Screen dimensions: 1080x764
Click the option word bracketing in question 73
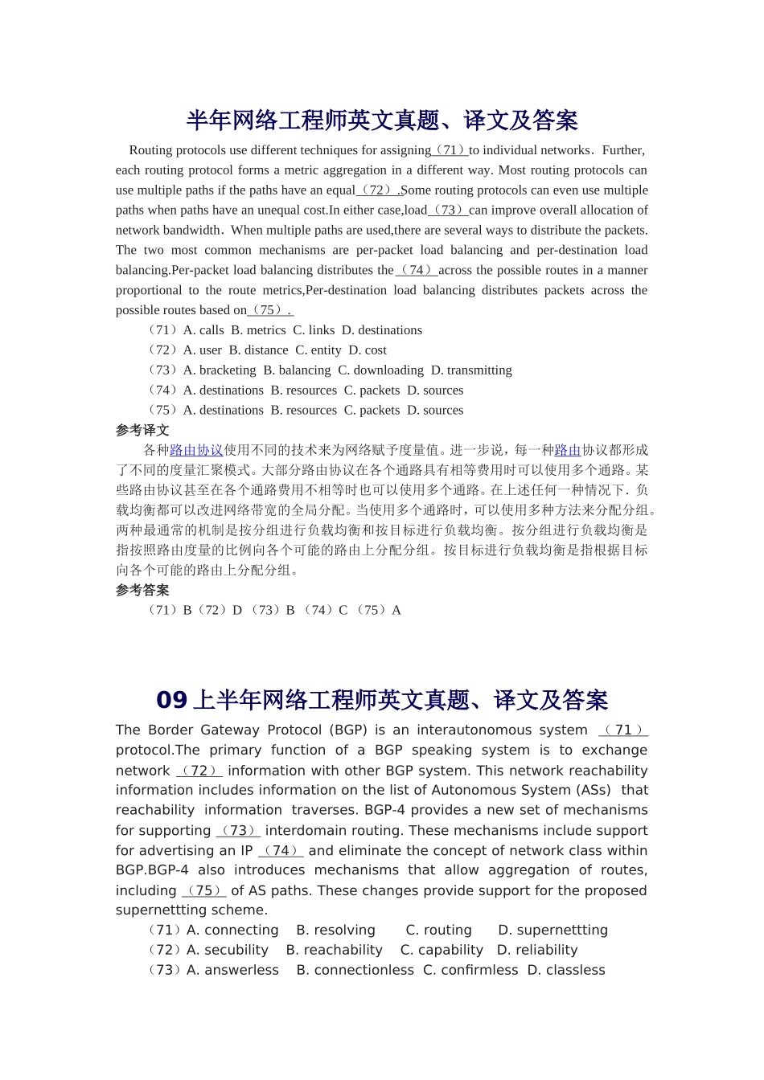coord(228,370)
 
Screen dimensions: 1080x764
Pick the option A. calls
coord(203,330)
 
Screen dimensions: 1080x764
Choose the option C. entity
coord(318,350)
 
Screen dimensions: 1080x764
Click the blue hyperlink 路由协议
coord(196,451)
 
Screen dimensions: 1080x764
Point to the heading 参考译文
coord(142,431)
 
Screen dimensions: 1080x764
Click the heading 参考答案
coord(142,591)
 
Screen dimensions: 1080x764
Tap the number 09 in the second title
coord(171,700)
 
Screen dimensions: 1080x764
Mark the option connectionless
coord(364,970)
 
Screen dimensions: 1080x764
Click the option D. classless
coord(566,970)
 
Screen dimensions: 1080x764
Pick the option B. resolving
coord(335,930)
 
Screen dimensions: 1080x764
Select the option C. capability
coord(442,950)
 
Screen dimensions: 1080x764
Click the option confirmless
coord(479,970)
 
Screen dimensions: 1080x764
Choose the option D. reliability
coord(537,950)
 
